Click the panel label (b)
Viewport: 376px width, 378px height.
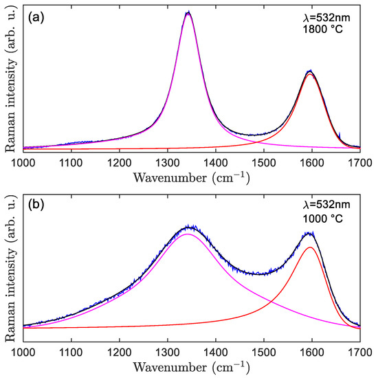[x=35, y=204]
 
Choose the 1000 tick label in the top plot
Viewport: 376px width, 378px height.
[x=24, y=162]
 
